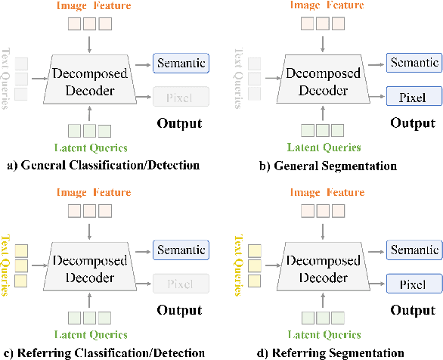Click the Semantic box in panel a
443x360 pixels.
[x=181, y=63]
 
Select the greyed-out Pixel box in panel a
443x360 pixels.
[x=181, y=96]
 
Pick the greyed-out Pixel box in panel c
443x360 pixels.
[x=181, y=284]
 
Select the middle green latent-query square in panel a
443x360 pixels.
[x=89, y=129]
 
